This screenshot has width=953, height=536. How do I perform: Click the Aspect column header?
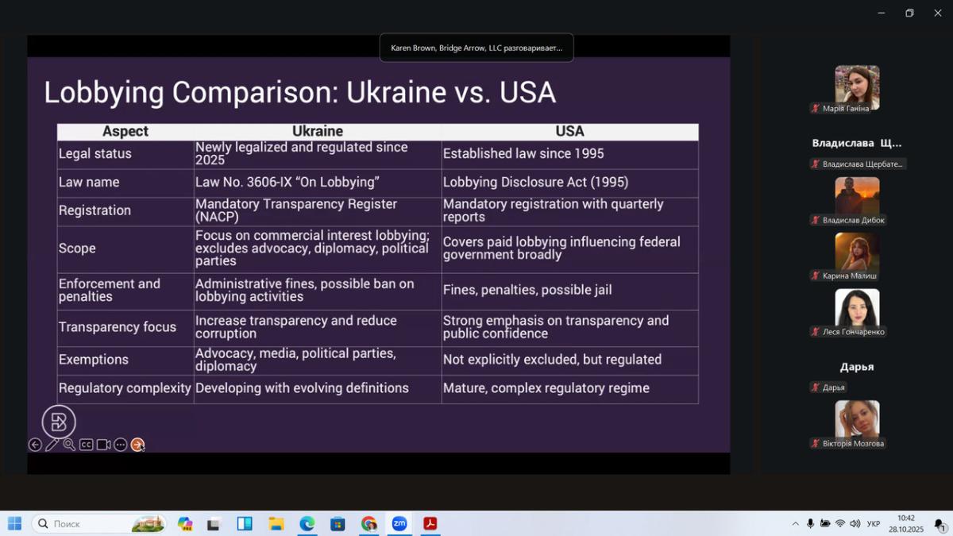point(125,131)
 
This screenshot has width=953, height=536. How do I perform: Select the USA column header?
point(569,131)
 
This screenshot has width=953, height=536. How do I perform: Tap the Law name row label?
point(89,182)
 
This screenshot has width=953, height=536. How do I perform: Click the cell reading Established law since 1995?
point(523,153)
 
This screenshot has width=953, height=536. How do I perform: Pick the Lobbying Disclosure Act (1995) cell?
point(535,182)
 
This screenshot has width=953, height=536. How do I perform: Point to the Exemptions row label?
point(94,360)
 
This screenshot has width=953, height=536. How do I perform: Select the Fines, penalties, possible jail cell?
point(527,290)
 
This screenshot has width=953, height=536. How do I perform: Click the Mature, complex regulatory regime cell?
point(546,388)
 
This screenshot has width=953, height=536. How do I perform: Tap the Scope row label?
point(77,248)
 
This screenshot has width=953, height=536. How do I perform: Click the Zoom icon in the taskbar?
point(399,523)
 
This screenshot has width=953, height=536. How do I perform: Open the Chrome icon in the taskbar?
point(368,523)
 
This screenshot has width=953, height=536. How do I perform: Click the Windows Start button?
point(14,523)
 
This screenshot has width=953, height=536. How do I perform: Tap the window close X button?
point(938,13)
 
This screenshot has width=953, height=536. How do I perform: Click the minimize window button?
point(881,13)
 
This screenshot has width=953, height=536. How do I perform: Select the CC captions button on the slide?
point(86,445)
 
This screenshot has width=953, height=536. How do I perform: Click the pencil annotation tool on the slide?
point(52,445)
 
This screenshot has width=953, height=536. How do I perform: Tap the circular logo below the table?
point(59,422)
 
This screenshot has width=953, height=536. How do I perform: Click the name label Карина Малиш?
point(849,276)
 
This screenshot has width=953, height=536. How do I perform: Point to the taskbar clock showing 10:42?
point(906,518)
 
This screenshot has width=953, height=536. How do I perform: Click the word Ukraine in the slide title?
point(396,92)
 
